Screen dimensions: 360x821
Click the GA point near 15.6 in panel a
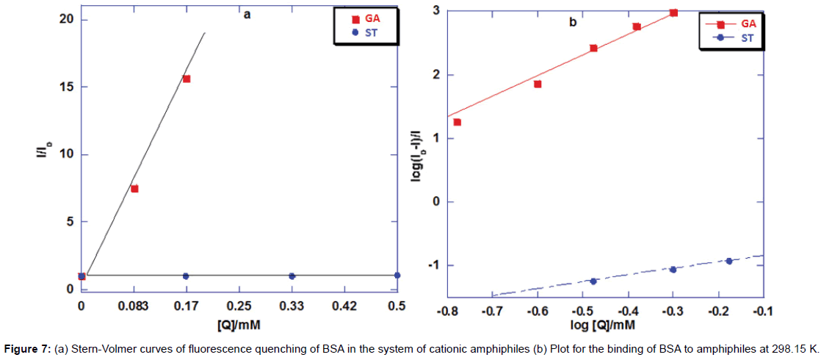[x=187, y=79]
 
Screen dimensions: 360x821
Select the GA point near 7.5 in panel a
[x=134, y=189]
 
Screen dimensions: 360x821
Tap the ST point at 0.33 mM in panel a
[x=292, y=276]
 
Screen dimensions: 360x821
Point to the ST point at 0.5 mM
[x=397, y=276]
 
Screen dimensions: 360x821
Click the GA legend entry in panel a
[x=365, y=18]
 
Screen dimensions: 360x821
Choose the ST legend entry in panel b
[x=737, y=37]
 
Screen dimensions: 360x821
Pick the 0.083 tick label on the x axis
[x=134, y=306]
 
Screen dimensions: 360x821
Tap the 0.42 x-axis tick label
[x=344, y=306]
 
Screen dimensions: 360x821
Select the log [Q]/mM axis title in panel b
[x=604, y=324]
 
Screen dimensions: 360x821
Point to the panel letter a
[x=247, y=14]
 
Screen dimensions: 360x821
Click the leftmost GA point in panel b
[x=457, y=122]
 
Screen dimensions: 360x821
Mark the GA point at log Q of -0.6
[x=538, y=84]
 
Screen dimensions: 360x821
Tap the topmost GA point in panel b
[x=673, y=12]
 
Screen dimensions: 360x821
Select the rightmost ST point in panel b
[x=728, y=261]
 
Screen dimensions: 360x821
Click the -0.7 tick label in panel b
[x=491, y=312]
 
